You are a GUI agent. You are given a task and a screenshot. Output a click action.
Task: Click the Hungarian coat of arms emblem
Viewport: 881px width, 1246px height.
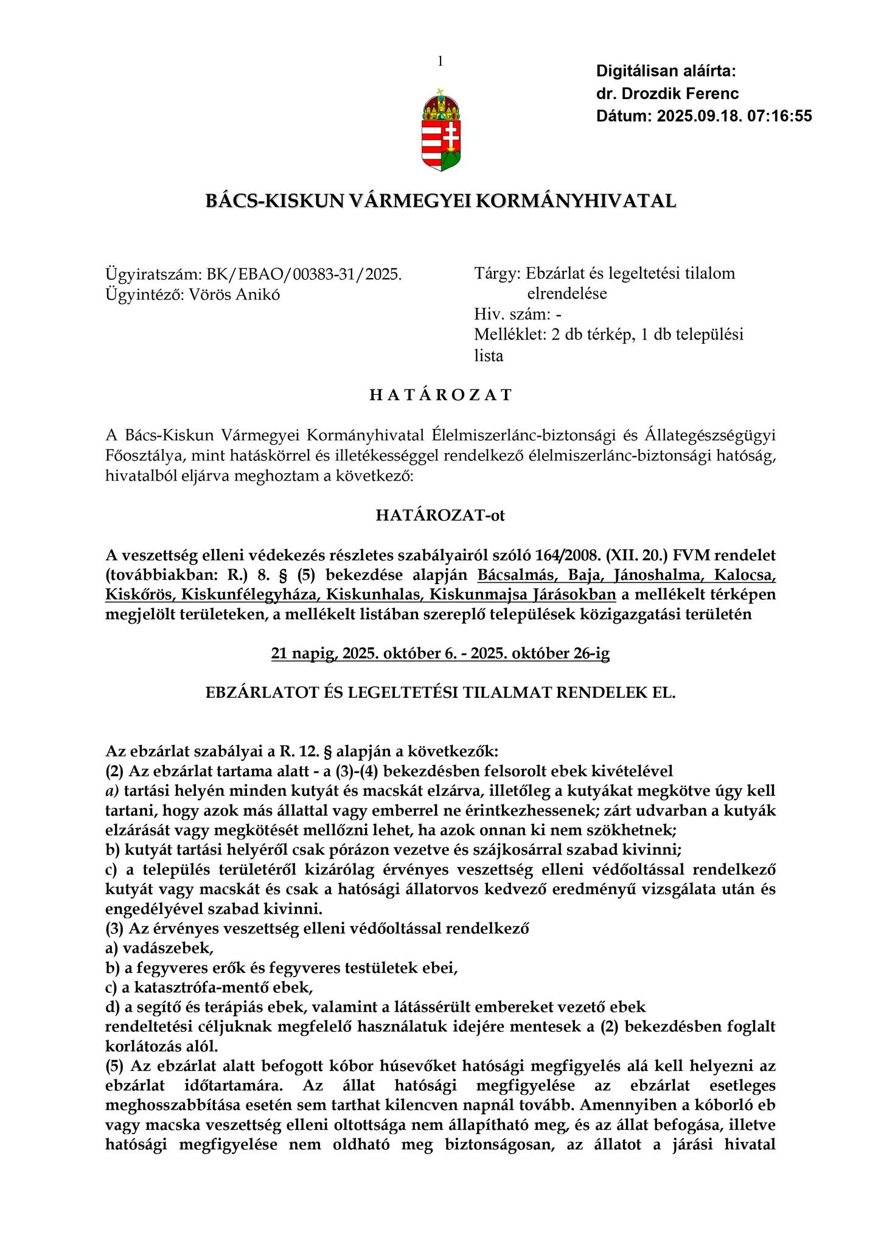(x=441, y=130)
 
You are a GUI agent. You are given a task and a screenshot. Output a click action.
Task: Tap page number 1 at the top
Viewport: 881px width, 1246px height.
(x=440, y=61)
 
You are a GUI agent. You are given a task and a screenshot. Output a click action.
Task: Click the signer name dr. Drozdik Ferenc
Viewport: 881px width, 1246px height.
(x=667, y=94)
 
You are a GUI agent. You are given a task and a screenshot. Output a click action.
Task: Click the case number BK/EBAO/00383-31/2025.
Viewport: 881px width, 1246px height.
(x=304, y=274)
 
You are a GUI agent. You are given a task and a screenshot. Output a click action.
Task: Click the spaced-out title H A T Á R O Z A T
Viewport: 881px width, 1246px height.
(x=441, y=395)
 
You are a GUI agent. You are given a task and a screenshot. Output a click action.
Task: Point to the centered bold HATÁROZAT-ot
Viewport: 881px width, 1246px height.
(x=441, y=516)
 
